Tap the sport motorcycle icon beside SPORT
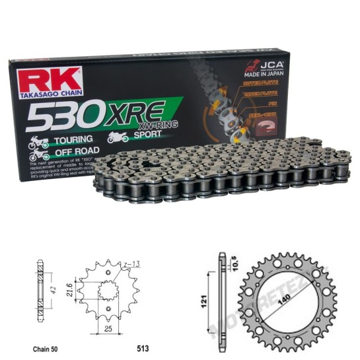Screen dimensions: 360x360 pyautogui.click(x=117, y=137)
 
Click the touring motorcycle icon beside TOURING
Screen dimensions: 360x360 pyautogui.click(x=36, y=142)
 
